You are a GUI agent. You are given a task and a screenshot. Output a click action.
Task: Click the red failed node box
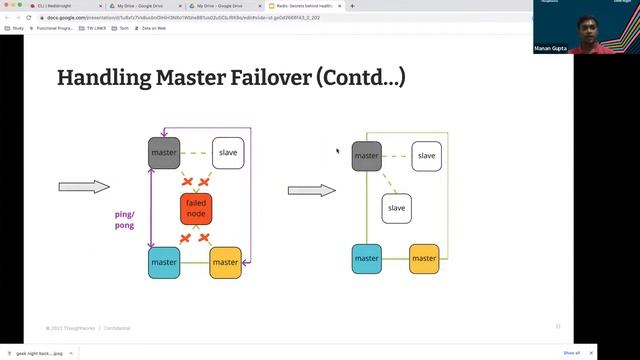tap(195, 208)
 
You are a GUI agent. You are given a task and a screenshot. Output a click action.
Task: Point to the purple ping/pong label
tap(124, 220)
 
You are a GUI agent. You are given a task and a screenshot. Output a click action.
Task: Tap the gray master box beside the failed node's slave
tap(164, 153)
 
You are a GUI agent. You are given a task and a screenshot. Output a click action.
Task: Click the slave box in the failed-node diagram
tap(228, 153)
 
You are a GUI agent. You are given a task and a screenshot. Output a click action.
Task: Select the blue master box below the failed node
tap(164, 262)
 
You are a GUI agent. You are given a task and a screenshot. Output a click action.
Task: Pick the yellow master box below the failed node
tap(225, 262)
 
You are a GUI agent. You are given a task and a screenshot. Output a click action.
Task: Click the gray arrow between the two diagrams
tap(311, 190)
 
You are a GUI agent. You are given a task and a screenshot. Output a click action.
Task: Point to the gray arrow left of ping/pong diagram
tap(84, 187)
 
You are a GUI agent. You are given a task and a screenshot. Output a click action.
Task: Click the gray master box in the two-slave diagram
tap(367, 156)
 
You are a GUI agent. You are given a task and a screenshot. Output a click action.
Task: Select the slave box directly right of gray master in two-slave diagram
tap(426, 156)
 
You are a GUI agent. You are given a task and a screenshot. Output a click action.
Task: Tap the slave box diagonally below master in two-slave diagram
tap(396, 208)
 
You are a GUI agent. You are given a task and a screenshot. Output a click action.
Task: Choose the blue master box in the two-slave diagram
tap(367, 258)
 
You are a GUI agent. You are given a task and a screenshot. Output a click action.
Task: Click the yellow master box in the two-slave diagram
tap(424, 258)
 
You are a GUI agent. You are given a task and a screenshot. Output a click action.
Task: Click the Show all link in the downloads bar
tap(571, 353)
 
